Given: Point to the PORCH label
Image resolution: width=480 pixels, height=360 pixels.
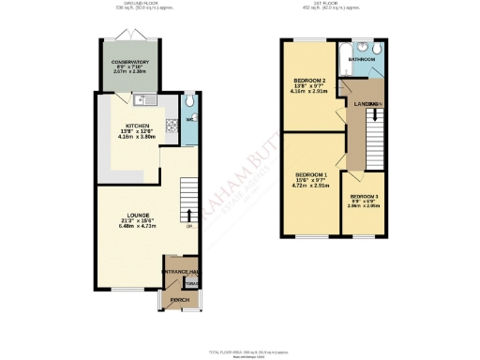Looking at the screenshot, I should click(180, 300).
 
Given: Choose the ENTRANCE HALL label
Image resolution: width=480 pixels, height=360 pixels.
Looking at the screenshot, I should click(181, 271).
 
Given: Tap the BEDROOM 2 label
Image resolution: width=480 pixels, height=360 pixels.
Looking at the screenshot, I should click(309, 82).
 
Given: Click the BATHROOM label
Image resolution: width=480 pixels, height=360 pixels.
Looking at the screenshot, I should click(363, 59).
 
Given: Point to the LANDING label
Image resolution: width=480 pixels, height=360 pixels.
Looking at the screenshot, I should click(360, 103).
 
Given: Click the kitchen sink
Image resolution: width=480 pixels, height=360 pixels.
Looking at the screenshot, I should click(141, 98).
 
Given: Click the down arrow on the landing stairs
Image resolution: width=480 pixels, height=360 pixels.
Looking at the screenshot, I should click(377, 114).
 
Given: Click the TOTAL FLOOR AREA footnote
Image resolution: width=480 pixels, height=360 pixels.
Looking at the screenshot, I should click(239, 352).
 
